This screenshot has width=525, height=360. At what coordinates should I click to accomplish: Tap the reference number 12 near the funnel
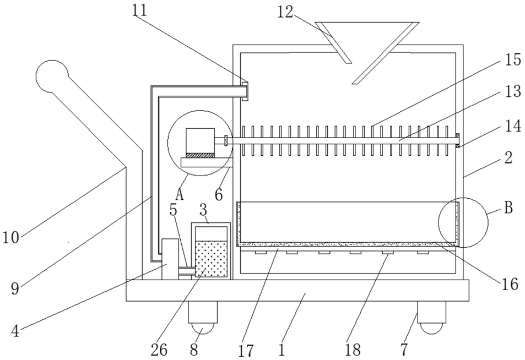[285, 12]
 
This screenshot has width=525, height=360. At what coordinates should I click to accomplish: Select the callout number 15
[513, 60]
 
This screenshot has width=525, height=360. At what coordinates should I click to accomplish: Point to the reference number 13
[513, 91]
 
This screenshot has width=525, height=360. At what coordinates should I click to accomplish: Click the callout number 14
[513, 126]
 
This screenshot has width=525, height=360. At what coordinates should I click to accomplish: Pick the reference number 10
[11, 237]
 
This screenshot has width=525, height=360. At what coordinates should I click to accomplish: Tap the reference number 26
[159, 350]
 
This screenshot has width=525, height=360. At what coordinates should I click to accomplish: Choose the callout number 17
[246, 350]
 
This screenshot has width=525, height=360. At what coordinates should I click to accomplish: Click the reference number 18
[353, 350]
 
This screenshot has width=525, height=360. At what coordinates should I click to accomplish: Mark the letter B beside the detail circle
[508, 208]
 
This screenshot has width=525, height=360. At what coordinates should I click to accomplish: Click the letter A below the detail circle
[180, 194]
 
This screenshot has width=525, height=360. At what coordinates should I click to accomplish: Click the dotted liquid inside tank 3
[211, 259]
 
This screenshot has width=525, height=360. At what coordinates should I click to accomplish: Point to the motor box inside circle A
[200, 140]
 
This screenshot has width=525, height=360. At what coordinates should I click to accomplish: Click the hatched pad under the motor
[200, 156]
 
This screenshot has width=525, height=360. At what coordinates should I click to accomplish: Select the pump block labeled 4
[170, 259]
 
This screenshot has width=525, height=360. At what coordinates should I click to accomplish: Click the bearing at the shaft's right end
[458, 140]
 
